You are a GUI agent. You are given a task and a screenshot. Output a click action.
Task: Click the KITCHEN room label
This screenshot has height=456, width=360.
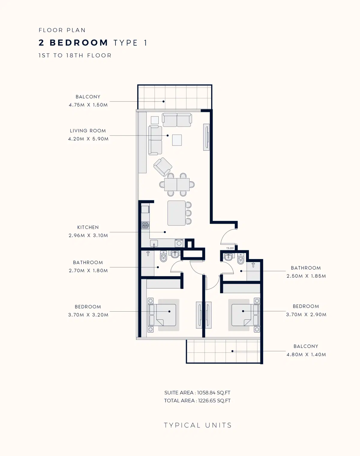click(88, 227)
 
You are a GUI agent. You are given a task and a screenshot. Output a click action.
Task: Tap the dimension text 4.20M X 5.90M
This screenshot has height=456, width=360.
click(88, 139)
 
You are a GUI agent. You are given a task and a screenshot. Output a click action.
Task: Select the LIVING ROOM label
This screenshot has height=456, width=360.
click(88, 131)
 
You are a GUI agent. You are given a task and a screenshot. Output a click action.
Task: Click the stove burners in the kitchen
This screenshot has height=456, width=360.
click(145, 225)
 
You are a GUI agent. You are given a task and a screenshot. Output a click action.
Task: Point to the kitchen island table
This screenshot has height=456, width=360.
click(176, 213)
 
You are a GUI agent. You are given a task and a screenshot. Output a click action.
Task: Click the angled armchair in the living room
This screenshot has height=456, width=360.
click(163, 167)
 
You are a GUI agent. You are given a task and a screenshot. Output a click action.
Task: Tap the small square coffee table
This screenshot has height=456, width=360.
click(177, 140)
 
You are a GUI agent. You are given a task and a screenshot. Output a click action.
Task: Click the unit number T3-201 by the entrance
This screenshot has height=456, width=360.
click(230, 248)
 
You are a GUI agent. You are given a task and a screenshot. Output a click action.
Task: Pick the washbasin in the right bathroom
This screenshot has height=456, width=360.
click(229, 257)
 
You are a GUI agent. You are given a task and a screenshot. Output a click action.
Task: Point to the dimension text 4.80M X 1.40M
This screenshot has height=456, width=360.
click(306, 355)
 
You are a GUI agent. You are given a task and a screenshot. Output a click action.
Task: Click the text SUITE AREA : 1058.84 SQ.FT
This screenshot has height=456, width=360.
click(197, 393)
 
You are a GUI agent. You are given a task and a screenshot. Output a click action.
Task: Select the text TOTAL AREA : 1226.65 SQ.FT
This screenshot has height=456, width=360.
click(197, 400)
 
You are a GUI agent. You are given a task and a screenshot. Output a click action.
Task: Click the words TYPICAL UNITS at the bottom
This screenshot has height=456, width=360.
click(198, 425)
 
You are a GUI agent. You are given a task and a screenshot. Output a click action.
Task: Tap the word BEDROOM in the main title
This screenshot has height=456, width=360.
click(79, 43)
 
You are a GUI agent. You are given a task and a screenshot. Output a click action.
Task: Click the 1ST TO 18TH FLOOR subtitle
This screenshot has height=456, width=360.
click(75, 56)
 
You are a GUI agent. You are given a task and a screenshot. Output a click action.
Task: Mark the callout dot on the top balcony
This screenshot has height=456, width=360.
click(163, 101)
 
